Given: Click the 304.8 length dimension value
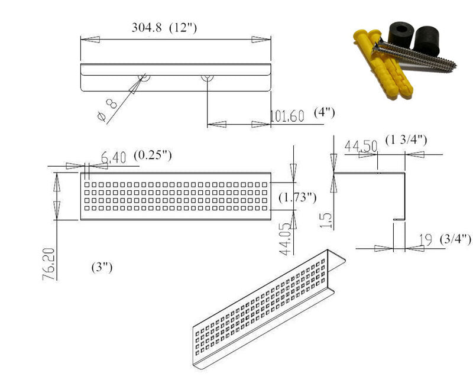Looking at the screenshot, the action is coord(146,28).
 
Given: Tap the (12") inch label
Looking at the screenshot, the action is coord(183,28).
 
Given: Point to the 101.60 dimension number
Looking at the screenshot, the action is coord(287,116).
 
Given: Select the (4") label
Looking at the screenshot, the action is coord(324,112).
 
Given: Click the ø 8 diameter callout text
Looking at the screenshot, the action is coord(108,111).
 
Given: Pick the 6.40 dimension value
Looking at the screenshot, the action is coord(114,157).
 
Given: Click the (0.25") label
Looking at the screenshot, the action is coord(153,155).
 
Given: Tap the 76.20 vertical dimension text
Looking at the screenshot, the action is coord(49,264).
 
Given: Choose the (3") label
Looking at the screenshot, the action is coord(102,268).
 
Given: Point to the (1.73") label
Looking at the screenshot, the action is coord(297,198).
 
